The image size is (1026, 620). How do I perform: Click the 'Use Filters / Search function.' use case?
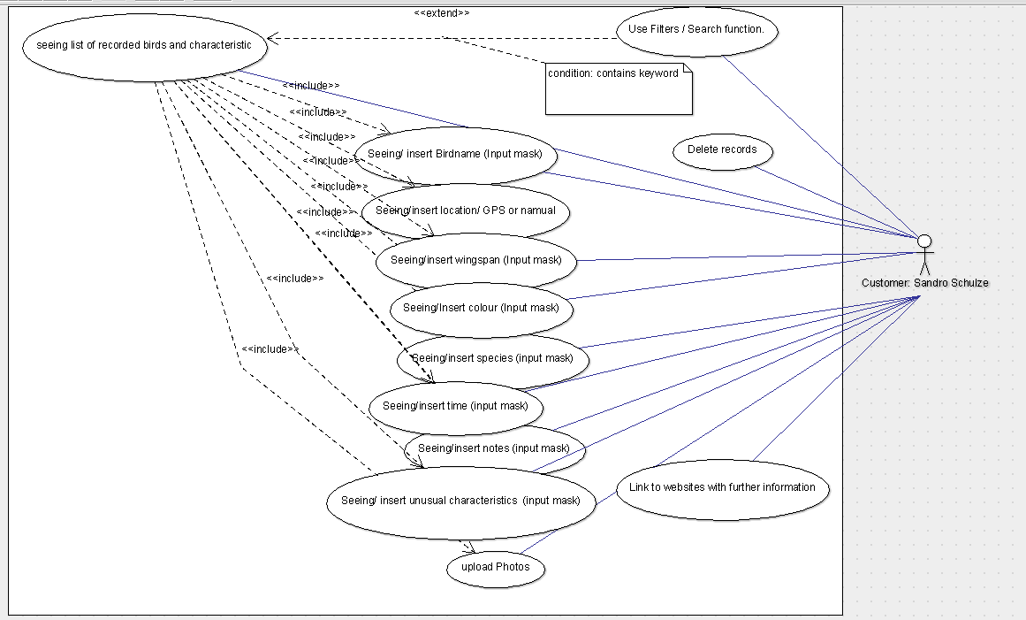696,29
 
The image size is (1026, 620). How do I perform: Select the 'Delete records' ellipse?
722,150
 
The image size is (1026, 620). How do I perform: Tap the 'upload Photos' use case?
495,567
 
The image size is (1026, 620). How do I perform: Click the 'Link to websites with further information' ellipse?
722,487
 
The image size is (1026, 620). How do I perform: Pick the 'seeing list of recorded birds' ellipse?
144,46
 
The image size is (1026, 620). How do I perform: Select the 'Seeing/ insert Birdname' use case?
455,154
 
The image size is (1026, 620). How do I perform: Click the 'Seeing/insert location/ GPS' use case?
466,210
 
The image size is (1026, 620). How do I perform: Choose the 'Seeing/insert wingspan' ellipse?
476,260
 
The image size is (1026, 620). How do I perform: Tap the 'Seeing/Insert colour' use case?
481,308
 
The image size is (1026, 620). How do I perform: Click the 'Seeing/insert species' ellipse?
492,358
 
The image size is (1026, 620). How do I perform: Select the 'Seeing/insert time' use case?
455,406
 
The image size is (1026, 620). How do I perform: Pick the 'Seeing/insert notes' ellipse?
494,448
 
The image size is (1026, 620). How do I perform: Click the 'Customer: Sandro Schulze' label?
924,283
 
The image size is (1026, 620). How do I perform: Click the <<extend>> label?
441,13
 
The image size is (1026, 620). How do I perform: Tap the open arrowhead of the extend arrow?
272,38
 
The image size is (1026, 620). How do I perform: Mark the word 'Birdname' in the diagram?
459,154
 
